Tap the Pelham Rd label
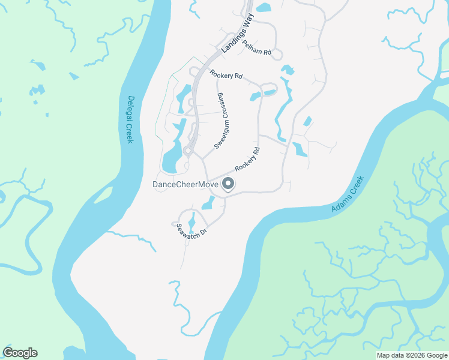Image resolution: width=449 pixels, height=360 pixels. [x=258, y=47]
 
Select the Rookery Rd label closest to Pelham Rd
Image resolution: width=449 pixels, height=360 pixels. [x=226, y=75]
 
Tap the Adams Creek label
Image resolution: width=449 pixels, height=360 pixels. [x=348, y=194]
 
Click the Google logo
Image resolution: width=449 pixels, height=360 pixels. [x=20, y=353]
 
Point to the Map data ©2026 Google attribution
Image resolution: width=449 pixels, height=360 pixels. [x=411, y=355]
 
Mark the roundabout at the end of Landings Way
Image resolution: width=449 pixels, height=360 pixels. [x=187, y=151]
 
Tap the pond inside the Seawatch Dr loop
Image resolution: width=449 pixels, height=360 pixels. [x=192, y=223]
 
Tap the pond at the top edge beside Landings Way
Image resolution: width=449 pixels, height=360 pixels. [x=264, y=7]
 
